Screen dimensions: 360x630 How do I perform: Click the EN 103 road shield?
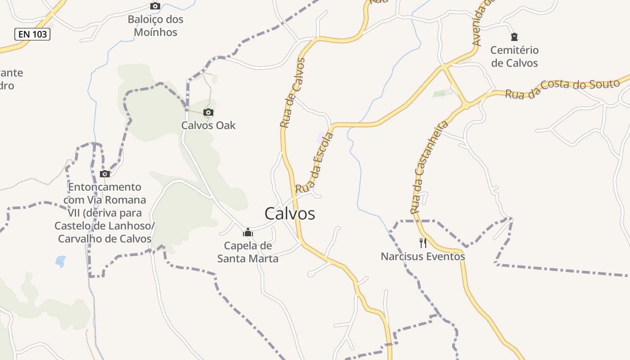[x=32, y=34]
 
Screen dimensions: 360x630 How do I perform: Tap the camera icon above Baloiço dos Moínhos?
[x=155, y=6]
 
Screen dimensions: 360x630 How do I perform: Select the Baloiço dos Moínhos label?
[x=155, y=26]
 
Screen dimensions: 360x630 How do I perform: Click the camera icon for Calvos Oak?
[x=208, y=112]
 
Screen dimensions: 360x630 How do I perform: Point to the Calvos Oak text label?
[x=208, y=125]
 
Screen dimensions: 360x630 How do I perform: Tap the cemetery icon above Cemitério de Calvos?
[x=514, y=37]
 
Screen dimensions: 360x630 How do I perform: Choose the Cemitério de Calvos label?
[x=514, y=56]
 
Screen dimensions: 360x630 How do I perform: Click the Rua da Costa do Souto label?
[x=562, y=89]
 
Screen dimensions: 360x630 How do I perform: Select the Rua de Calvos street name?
[x=292, y=93]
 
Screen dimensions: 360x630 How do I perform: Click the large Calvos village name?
[x=290, y=213]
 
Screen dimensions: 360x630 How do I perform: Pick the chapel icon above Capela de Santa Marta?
[x=247, y=232]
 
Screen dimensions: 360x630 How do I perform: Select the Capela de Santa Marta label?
[x=248, y=252]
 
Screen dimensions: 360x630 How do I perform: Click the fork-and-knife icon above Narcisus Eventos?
[x=423, y=243]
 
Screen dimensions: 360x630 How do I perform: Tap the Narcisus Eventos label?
[x=423, y=256]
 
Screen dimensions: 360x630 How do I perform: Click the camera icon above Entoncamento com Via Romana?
[x=105, y=174]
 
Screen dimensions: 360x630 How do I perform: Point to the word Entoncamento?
[x=104, y=187]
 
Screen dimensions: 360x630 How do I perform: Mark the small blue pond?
[x=60, y=261]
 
